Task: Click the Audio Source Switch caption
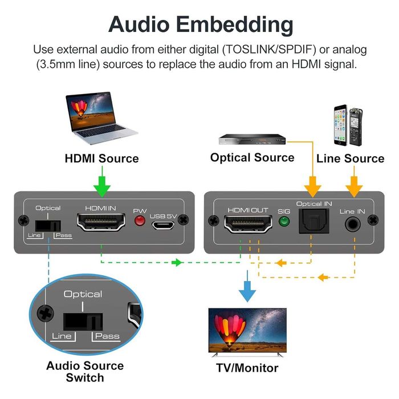coord(85,372)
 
